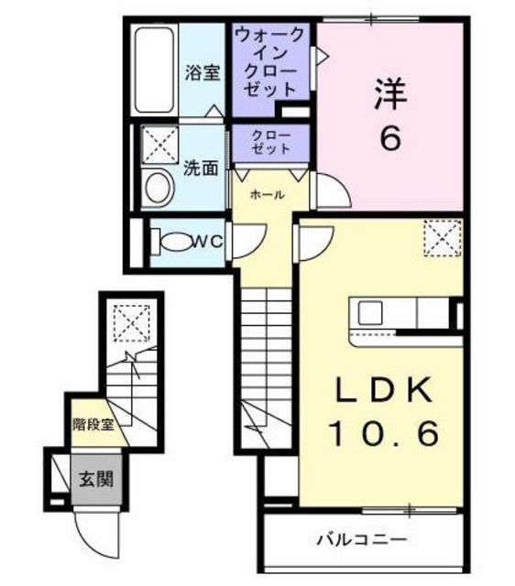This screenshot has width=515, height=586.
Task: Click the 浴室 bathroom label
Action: point(203,73)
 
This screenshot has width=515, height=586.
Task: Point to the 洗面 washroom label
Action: point(203,168)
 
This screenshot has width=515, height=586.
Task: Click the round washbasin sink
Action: point(159,189)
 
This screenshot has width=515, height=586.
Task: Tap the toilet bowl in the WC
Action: point(170,241)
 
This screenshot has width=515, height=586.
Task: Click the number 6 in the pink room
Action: point(389,139)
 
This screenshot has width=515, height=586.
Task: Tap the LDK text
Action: point(378,391)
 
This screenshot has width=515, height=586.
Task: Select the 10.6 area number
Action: point(378,431)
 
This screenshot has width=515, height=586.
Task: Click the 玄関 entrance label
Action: point(94,479)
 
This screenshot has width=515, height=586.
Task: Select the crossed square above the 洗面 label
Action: point(160,144)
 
